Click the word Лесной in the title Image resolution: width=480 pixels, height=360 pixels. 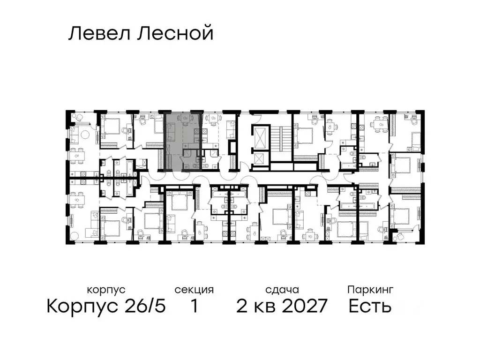pos(175,34)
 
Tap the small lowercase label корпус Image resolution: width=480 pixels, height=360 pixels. pos(106,290)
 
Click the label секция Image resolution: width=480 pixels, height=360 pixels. pos(194,290)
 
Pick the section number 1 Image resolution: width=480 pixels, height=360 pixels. pos(194,307)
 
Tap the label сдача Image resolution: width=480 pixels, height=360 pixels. pos(281,290)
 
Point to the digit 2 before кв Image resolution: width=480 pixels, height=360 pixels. pos(242,307)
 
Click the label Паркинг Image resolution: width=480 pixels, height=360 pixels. pos(370,290)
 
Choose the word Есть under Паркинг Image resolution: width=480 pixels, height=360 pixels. pos(370,307)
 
